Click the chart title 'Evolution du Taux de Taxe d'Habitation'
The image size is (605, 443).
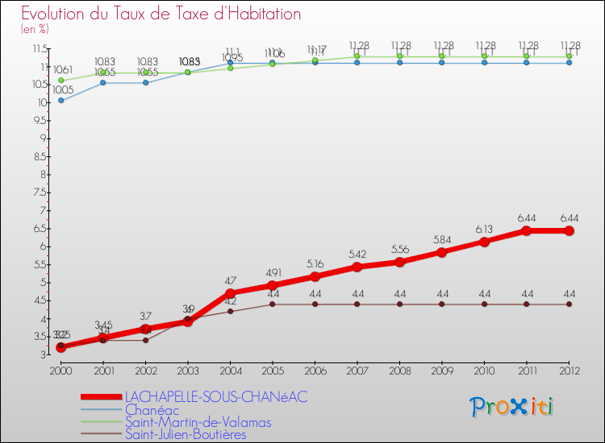[x=161, y=14]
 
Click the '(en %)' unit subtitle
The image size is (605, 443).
[x=35, y=29]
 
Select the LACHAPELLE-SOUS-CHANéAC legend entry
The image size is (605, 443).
[x=215, y=396]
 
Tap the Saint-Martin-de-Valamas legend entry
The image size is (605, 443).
[x=198, y=422]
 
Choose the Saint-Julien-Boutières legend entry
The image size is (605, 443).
[x=186, y=435]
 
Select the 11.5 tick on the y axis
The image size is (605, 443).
[x=39, y=48]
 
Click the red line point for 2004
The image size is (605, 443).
[x=230, y=293]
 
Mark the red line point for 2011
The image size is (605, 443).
[x=527, y=230]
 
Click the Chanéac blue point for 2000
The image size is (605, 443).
[x=60, y=101]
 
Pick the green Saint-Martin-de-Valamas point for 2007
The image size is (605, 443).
[x=357, y=56]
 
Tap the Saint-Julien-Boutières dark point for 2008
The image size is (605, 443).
[x=399, y=304]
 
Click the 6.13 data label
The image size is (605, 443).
[x=484, y=228]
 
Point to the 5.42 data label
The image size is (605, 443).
[x=357, y=254]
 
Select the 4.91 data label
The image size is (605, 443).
[x=273, y=272]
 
